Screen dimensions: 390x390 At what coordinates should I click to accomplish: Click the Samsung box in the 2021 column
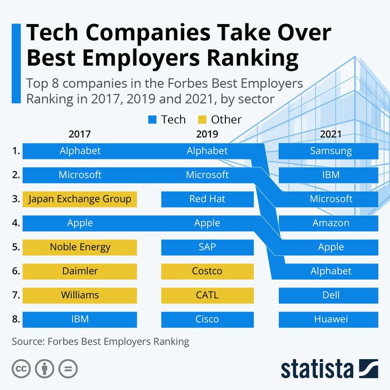tap(328, 151)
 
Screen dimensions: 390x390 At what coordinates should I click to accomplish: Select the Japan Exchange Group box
tap(80, 199)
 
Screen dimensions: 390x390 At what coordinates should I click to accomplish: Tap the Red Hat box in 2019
tap(207, 199)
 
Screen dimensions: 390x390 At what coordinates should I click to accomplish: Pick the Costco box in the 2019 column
tap(207, 271)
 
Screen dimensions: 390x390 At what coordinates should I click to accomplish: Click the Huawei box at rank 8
tap(328, 319)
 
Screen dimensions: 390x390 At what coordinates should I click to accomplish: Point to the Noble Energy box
tap(80, 247)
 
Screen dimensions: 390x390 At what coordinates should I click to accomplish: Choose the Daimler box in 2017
tap(80, 271)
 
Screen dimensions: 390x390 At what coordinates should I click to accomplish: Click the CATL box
tap(207, 295)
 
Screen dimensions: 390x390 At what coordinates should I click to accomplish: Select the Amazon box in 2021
tap(328, 223)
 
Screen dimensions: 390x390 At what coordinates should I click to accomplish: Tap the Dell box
tap(328, 295)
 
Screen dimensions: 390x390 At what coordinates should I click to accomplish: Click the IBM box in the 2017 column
tap(80, 319)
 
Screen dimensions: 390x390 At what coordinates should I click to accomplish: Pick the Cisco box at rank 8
tap(207, 319)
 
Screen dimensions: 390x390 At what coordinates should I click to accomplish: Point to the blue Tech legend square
tap(152, 120)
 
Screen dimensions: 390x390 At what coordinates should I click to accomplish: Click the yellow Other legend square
tap(202, 120)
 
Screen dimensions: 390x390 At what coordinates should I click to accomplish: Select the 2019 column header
tap(206, 135)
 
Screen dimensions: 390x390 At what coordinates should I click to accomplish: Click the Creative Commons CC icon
tap(21, 368)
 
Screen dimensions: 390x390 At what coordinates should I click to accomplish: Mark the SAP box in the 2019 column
tap(207, 247)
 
